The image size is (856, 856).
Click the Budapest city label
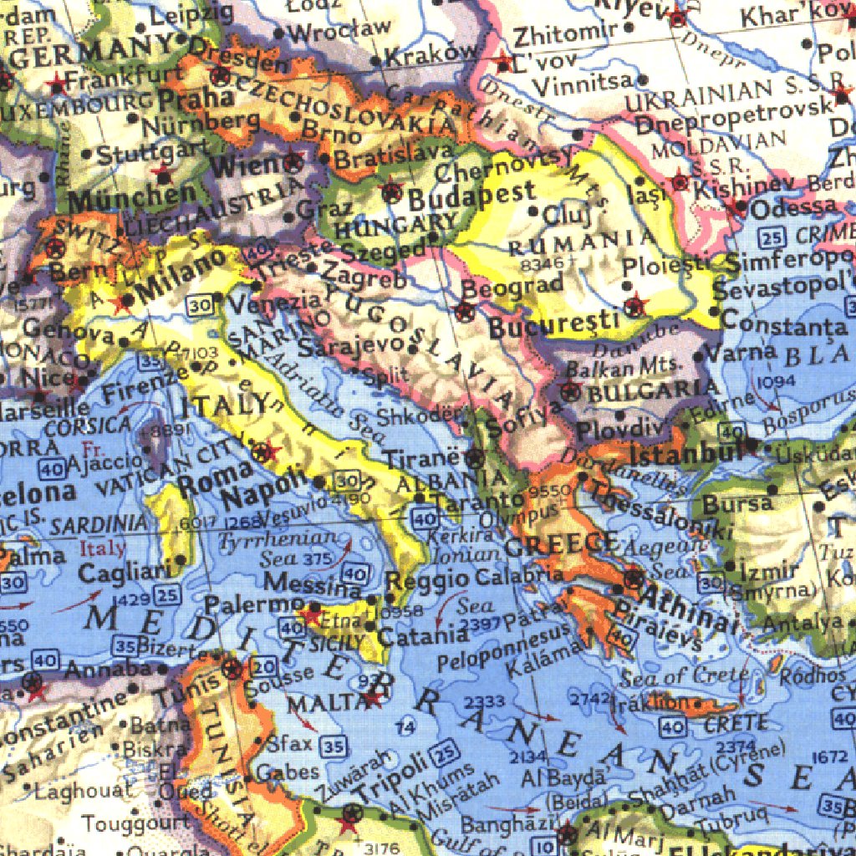coord(472,197)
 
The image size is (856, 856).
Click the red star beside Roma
coord(266,453)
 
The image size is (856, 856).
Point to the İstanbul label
coord(686,456)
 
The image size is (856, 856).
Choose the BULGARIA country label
coord(653,389)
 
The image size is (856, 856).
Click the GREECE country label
coord(562,545)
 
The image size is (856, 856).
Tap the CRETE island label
coord(736,723)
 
